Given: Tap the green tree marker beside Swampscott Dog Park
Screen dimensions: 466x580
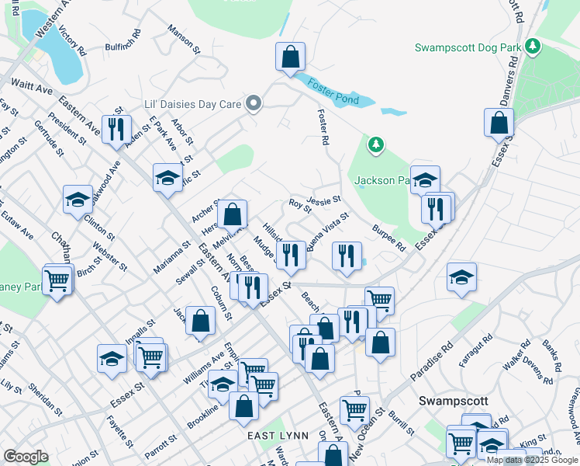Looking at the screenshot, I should [533, 47].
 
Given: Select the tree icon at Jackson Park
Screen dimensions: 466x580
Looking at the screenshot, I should [375, 144].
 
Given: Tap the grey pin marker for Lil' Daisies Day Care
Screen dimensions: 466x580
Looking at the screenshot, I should [253, 103].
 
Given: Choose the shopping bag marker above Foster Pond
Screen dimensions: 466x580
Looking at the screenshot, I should [290, 57].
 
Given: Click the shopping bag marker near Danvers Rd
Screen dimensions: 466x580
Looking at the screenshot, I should [499, 123].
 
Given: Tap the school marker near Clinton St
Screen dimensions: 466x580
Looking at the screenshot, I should [78, 199].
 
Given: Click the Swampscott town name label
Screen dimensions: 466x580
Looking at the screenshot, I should [454, 401].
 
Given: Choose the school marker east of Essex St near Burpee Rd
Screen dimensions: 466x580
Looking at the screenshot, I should [461, 277].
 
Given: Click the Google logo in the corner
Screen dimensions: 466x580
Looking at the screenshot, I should [26, 457].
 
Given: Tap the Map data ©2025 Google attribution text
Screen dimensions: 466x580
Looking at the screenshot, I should [532, 460].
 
